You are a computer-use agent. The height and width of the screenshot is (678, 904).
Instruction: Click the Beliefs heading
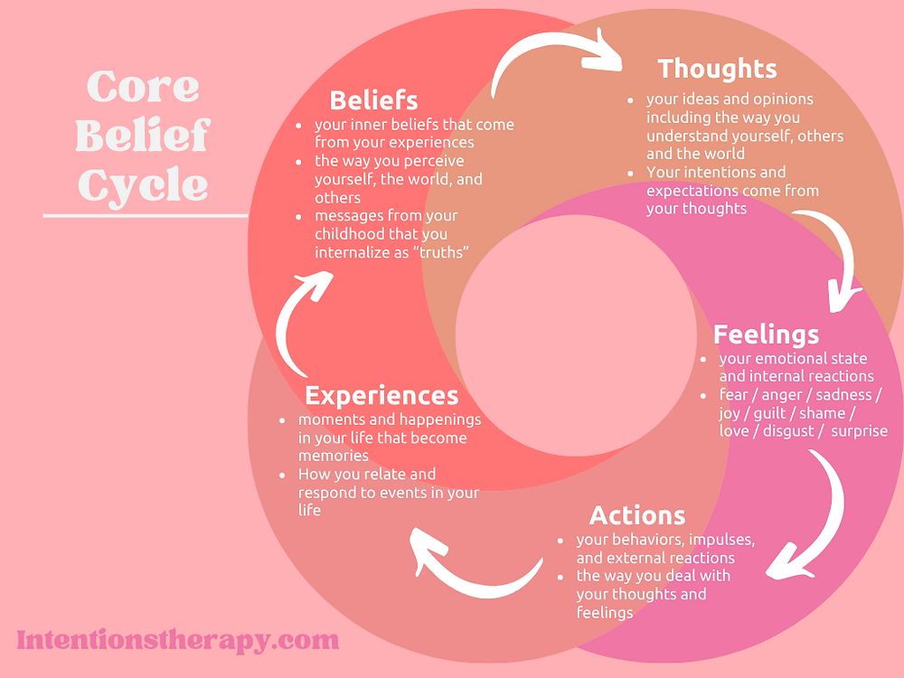[373, 99]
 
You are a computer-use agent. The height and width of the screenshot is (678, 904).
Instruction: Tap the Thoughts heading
[717, 69]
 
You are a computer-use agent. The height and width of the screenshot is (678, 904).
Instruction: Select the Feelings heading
[766, 334]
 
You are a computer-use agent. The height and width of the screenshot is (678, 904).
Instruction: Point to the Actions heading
[637, 515]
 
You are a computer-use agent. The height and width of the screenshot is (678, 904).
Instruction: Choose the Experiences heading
[381, 395]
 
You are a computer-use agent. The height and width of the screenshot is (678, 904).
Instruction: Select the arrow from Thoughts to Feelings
[837, 253]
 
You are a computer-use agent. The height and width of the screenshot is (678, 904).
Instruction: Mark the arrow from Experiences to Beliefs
[298, 316]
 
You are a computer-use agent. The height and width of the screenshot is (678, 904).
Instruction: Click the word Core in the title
[143, 87]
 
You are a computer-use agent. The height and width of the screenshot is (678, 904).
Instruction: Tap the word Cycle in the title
[143, 184]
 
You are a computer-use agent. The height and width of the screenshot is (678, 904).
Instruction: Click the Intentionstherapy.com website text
[178, 640]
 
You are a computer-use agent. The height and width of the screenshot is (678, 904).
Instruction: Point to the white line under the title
[145, 216]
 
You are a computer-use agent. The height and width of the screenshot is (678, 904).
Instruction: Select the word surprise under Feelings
[859, 431]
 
